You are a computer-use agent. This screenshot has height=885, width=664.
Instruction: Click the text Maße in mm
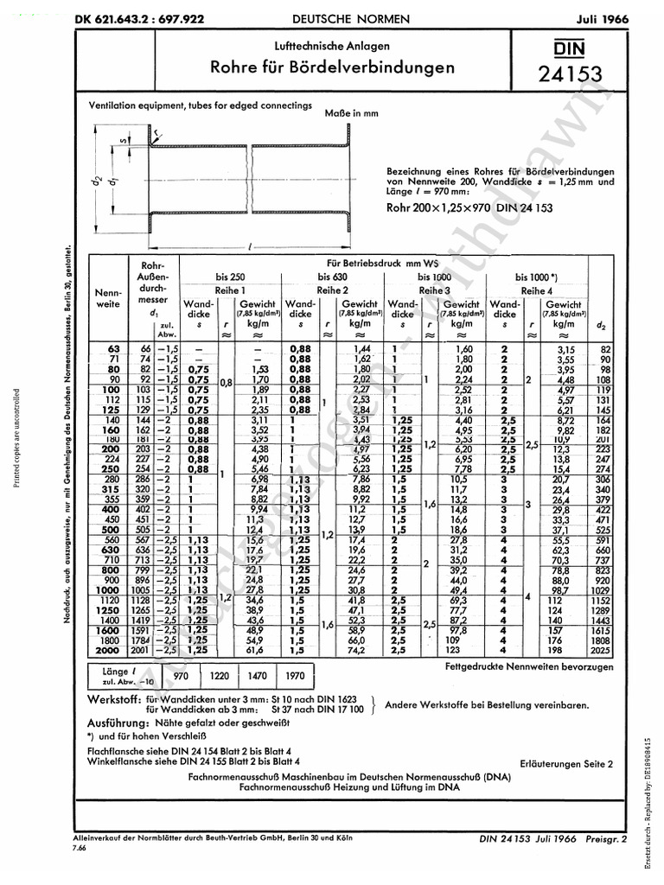point(352,113)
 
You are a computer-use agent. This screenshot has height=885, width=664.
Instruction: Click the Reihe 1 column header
point(232,290)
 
